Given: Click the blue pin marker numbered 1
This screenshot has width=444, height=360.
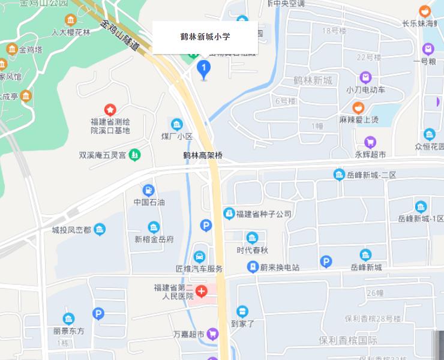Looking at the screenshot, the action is [x=203, y=69].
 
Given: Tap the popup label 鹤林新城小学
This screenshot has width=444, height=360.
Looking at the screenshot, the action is [x=205, y=37].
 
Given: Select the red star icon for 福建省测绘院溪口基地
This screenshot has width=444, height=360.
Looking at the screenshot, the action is [x=110, y=110].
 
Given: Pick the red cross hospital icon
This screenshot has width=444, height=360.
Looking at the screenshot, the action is [x=202, y=292].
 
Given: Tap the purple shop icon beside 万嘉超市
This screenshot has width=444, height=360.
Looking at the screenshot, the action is [x=212, y=334].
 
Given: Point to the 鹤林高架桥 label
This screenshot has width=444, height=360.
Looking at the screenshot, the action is [x=203, y=155].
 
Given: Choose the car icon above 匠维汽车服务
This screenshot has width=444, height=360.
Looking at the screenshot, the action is [x=199, y=257].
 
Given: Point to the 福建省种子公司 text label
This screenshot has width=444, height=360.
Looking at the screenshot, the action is [x=263, y=214].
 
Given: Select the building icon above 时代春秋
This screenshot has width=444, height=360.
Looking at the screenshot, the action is [x=252, y=238].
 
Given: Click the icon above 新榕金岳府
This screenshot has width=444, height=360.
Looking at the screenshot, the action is [x=154, y=227].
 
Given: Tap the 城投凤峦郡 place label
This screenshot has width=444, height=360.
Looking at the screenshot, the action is [x=71, y=229].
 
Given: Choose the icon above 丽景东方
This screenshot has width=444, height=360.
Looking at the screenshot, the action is [x=68, y=319].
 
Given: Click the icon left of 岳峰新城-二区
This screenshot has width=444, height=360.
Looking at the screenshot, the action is [x=339, y=175].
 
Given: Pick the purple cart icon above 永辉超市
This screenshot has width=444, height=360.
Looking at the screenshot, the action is [x=370, y=142].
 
